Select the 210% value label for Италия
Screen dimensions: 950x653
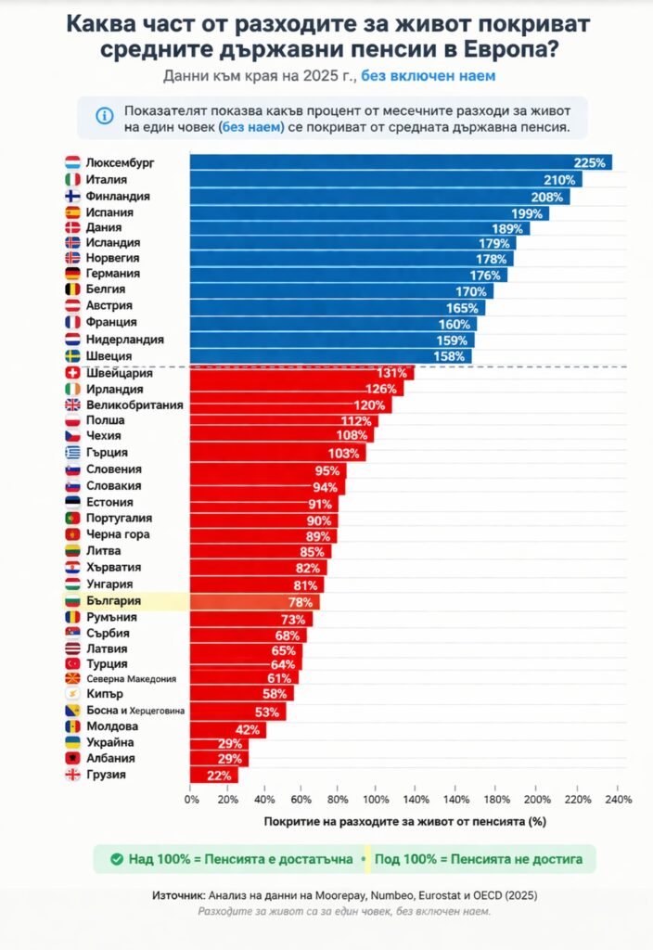coord(559,180)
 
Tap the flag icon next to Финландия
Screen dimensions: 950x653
coord(72,197)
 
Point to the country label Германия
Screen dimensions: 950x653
coord(112,274)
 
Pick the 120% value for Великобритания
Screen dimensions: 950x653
coord(368,405)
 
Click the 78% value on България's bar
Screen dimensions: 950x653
coord(300,602)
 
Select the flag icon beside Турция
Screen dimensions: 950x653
coord(72,664)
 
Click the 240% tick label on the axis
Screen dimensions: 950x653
coord(618,799)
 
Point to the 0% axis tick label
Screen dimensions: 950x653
coord(192,799)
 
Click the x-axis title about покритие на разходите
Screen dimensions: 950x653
coord(404,821)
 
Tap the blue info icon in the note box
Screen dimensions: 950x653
coord(104,117)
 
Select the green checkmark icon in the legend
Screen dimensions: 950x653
coord(116,859)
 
